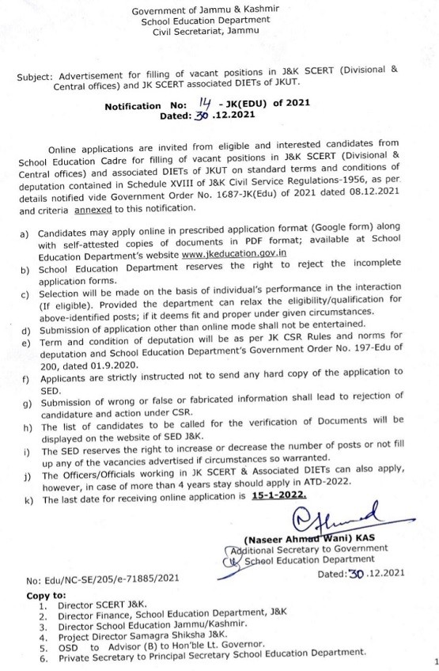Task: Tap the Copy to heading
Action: pyautogui.click(x=46, y=594)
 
